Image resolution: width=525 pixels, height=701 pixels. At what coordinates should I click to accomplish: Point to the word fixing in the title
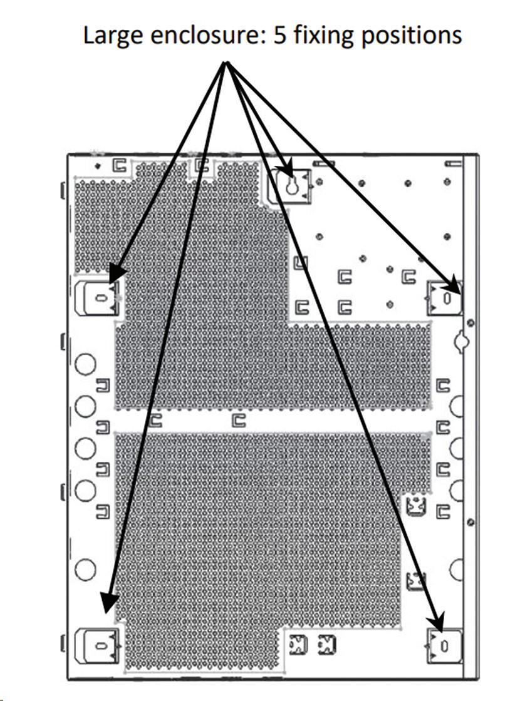click(x=324, y=36)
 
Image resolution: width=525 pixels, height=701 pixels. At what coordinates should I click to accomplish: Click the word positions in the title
click(x=412, y=36)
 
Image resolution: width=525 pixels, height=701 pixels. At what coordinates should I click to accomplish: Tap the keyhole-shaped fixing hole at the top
click(x=291, y=186)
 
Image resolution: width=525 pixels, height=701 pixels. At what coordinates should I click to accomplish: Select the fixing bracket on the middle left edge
click(x=98, y=299)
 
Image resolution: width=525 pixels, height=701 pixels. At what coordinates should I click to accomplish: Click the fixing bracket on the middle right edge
click(x=444, y=298)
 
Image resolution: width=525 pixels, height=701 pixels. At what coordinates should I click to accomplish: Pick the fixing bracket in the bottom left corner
click(x=98, y=645)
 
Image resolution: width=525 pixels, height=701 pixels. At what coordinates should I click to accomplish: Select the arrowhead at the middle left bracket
click(x=117, y=274)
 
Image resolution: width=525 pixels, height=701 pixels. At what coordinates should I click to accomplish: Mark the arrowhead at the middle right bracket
click(x=452, y=285)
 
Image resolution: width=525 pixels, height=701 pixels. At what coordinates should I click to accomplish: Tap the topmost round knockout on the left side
click(x=85, y=364)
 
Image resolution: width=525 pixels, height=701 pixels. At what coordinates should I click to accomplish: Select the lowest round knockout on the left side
click(x=85, y=570)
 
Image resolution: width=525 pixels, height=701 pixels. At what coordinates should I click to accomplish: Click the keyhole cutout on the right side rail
click(x=460, y=341)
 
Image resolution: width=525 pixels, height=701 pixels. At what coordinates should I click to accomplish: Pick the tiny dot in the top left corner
click(x=98, y=166)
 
